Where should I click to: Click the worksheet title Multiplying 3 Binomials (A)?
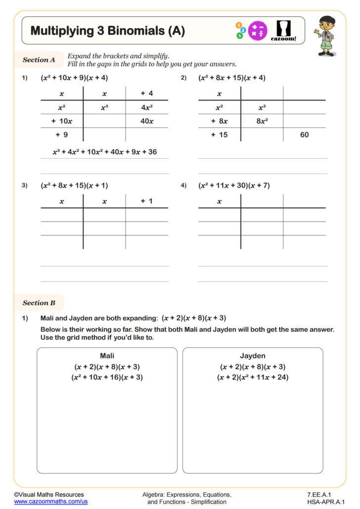(x=107, y=31)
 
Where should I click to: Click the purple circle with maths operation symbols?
(x=257, y=31)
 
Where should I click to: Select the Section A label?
(x=39, y=60)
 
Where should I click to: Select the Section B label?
(x=39, y=303)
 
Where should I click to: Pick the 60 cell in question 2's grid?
(x=304, y=135)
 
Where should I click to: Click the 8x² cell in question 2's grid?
(x=262, y=121)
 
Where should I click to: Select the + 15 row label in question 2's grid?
(x=219, y=135)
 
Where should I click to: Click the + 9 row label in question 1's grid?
(x=62, y=135)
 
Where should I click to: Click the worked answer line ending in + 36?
(x=104, y=152)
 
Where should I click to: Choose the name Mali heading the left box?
(x=107, y=356)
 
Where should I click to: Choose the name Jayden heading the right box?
(x=253, y=356)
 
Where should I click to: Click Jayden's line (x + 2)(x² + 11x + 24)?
(x=253, y=377)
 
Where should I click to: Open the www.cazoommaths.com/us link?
(x=50, y=502)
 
